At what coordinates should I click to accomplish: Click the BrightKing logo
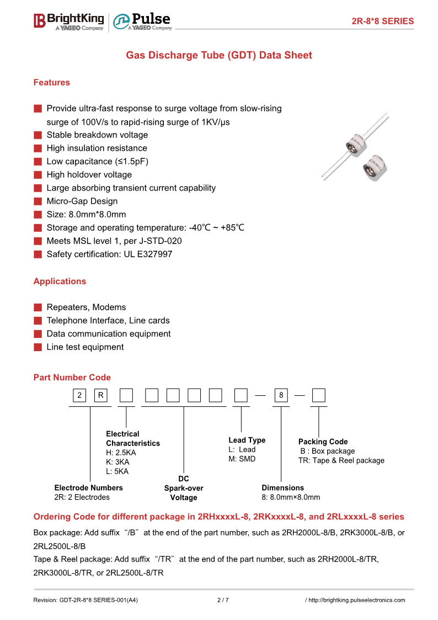coord(68,21)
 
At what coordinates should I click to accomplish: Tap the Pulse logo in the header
coord(142,22)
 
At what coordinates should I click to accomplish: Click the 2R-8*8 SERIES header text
coord(382,21)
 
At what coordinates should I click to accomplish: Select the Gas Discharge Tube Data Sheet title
coord(219,55)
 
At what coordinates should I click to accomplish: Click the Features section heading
coord(52,82)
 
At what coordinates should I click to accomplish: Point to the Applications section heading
coord(60,281)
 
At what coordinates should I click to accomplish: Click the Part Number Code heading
coord(72,378)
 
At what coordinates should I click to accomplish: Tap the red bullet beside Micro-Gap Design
coord(38,202)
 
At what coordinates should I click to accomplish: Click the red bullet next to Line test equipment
coord(38,347)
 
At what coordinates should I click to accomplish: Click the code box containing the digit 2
coord(80,395)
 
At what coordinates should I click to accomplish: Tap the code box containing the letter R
coord(101,395)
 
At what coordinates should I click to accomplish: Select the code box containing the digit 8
coord(281,395)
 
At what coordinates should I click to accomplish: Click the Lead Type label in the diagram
coord(247,440)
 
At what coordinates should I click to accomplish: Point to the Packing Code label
coord(323,442)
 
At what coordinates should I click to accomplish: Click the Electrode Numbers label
coord(88,487)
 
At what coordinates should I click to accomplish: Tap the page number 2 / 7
coord(223,600)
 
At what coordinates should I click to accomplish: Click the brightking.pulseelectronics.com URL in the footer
coord(356,600)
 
